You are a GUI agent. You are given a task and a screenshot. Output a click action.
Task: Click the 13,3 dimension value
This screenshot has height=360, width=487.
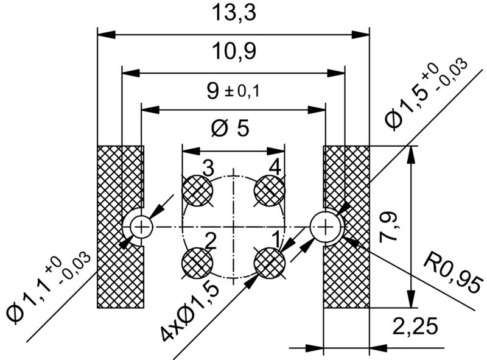point(233,13)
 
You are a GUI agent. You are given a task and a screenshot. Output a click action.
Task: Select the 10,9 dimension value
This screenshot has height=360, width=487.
point(233,52)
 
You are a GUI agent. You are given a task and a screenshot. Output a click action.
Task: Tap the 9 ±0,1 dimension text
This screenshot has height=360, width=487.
point(233,91)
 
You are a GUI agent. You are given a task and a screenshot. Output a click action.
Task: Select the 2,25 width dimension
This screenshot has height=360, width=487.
point(416,327)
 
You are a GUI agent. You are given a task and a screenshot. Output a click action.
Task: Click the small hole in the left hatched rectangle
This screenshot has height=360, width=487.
point(142,227)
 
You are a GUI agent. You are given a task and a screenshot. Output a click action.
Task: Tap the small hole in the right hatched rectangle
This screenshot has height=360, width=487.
point(326,227)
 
